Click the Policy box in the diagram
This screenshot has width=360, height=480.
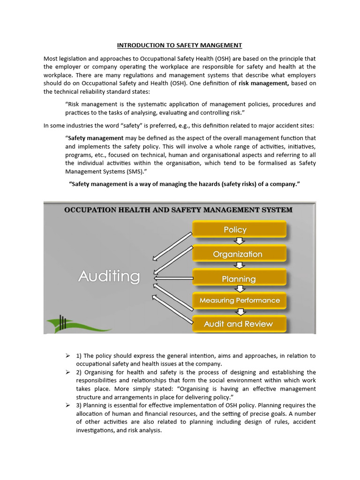[x=239, y=230]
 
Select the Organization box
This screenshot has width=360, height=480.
[x=239, y=254]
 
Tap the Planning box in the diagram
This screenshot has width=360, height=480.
[x=239, y=279]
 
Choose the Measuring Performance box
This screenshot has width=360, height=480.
[x=239, y=300]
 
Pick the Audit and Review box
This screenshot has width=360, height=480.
[x=239, y=323]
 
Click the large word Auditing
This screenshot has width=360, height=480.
[x=109, y=276]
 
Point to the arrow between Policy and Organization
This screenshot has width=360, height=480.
[x=240, y=241]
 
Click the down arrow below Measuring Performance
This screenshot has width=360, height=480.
[x=240, y=312]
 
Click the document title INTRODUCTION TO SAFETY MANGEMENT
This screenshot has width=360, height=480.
[x=180, y=45]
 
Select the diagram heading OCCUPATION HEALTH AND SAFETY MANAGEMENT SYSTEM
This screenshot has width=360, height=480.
[x=178, y=210]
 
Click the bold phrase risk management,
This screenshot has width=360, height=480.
[x=264, y=83]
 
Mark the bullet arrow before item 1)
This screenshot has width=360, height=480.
[x=67, y=356]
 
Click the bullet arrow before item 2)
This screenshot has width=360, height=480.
[x=67, y=372]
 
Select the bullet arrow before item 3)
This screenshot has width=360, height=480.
[x=67, y=405]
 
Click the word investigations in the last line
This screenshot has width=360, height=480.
[x=96, y=430]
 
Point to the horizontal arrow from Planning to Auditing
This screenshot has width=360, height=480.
[x=173, y=278]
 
